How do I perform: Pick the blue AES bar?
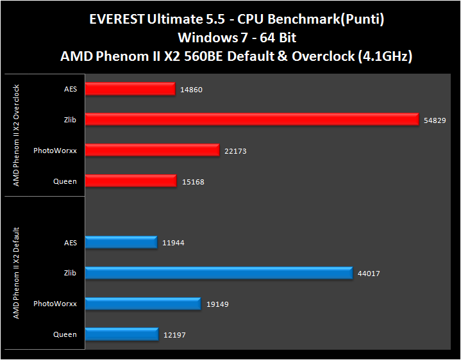click(x=121, y=242)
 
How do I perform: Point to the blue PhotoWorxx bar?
click(x=143, y=304)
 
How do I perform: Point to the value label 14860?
click(x=191, y=90)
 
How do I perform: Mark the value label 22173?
click(x=235, y=151)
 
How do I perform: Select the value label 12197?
click(x=174, y=335)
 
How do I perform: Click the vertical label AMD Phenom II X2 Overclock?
click(x=17, y=135)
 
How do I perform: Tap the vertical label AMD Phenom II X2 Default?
click(x=17, y=273)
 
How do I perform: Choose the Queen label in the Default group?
click(x=65, y=334)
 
